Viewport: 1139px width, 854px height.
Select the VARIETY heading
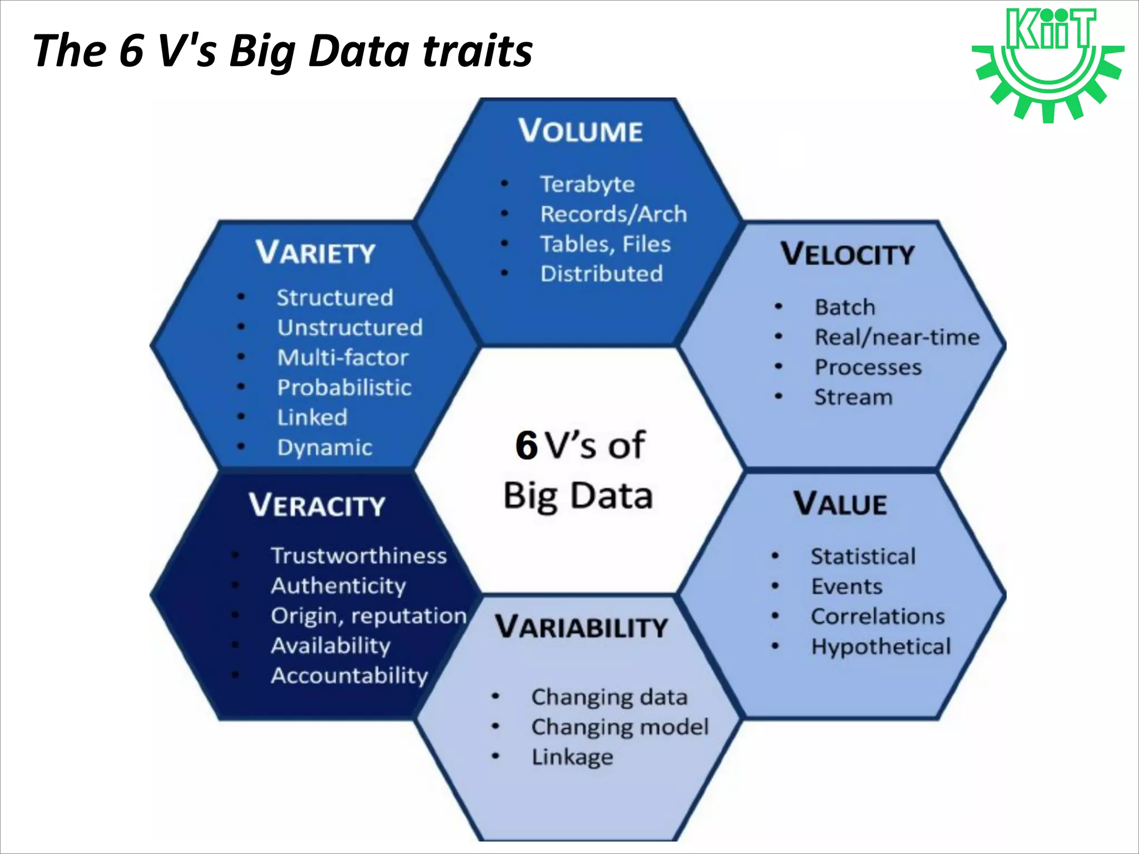tap(315, 253)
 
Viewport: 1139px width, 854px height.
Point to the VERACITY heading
tap(317, 505)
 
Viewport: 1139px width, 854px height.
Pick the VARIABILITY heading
tap(581, 627)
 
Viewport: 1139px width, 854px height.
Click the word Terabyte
tap(587, 184)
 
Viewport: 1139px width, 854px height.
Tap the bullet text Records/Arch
tap(613, 214)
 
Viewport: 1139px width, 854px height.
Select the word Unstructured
tap(350, 327)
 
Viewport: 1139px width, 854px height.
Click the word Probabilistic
tap(344, 388)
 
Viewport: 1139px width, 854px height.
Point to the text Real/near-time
tap(897, 337)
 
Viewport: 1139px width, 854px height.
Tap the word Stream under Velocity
tap(853, 397)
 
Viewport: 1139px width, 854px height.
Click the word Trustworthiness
tap(359, 556)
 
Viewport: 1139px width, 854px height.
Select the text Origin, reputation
tap(368, 616)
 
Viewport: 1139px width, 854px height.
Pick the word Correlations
tap(878, 617)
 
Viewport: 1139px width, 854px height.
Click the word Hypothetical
tap(881, 647)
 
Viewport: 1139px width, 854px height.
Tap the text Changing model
tap(620, 727)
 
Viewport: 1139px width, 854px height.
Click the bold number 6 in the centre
tap(526, 446)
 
